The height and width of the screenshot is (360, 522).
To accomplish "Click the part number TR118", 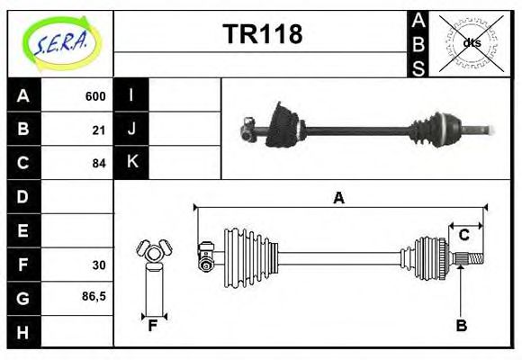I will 262,34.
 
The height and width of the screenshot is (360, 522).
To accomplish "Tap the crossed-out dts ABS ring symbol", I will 471,43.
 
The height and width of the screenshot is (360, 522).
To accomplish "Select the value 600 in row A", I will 95,96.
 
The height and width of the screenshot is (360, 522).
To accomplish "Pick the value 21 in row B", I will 99,130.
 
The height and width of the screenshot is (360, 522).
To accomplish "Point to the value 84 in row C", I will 99,164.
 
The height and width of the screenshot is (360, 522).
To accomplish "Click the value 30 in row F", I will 99,265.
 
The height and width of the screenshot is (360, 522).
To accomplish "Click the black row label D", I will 22,196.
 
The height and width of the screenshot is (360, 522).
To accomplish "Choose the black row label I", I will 131,95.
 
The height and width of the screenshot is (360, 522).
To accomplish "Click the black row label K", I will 131,163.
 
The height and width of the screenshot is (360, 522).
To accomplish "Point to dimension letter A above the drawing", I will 339,198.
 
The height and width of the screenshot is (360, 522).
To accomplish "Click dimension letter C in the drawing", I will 464,235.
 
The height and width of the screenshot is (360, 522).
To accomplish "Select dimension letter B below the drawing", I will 461,326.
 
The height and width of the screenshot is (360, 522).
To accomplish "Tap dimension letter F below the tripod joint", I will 153,326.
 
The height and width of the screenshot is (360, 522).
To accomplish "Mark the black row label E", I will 22,230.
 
